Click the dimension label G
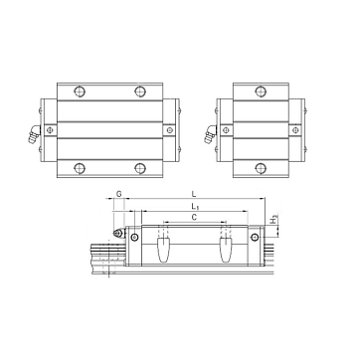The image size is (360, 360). (118, 194)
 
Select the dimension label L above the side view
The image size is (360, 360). (194, 194)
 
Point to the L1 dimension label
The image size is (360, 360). (195, 207)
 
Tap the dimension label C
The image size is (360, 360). (195, 218)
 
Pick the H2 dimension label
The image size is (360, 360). (274, 220)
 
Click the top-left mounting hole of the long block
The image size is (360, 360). (80, 91)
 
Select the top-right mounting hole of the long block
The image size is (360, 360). (140, 91)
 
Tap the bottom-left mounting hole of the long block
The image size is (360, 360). (80, 168)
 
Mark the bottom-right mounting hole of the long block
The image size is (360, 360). (140, 168)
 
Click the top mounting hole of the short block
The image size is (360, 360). (261, 91)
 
